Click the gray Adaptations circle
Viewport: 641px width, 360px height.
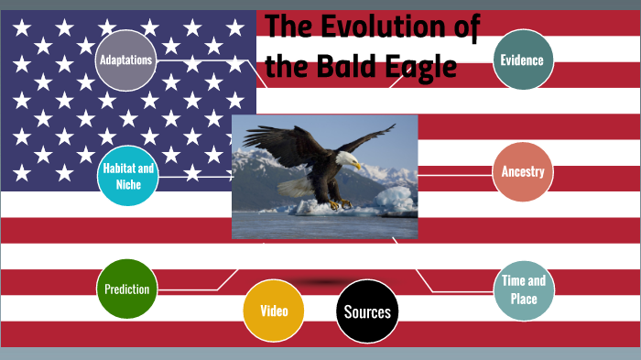tap(126, 60)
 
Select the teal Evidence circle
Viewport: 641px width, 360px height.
tap(522, 60)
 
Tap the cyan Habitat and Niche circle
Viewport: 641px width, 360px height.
tap(127, 176)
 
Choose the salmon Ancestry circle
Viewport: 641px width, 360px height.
tap(523, 172)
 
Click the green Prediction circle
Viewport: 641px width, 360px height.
tap(126, 289)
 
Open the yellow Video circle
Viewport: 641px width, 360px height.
tap(273, 311)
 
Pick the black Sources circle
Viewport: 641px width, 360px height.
tap(367, 311)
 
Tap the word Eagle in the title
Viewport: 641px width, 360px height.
tap(422, 67)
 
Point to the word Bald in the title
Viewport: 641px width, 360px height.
tap(345, 67)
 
